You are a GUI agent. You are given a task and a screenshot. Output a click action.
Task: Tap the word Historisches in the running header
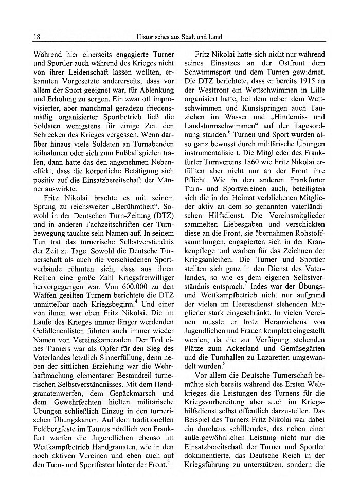click(x=153, y=37)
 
